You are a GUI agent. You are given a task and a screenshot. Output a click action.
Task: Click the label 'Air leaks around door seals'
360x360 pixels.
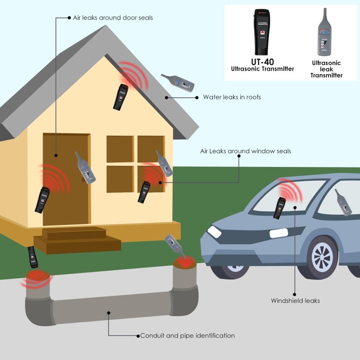(112, 18)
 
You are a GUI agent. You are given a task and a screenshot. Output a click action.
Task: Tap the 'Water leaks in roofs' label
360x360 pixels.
(232, 97)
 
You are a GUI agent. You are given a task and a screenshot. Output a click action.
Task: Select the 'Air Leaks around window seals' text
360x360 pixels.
(245, 151)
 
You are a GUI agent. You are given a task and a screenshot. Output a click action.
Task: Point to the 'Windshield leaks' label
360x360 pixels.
(295, 301)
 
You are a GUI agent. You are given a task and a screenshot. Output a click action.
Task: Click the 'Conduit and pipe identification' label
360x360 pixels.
(187, 335)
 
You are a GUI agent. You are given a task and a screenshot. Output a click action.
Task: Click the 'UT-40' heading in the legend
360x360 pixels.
(262, 62)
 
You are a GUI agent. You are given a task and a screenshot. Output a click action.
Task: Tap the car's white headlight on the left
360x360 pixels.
(214, 232)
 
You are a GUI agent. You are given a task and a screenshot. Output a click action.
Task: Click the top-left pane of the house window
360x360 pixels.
(120, 149)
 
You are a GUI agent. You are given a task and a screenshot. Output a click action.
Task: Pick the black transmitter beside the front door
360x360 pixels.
(42, 200)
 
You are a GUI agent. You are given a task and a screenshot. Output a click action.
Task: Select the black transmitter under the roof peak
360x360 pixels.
(120, 97)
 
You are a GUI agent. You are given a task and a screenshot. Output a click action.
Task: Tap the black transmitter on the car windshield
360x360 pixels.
(280, 208)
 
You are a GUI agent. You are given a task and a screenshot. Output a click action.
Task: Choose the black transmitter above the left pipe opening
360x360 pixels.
(33, 257)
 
